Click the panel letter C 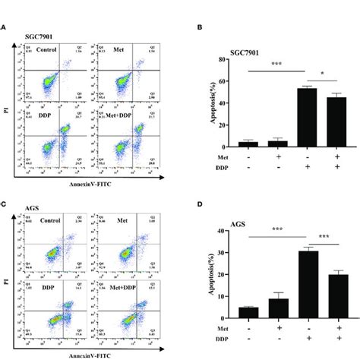pos(5,204)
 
